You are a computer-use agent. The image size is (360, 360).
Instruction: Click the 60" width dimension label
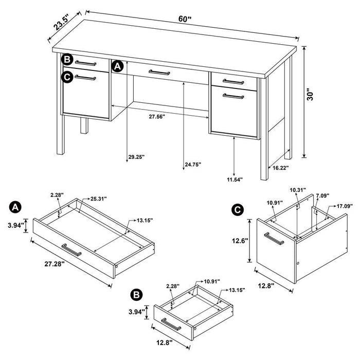185,19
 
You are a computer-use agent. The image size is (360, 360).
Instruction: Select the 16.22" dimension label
280,168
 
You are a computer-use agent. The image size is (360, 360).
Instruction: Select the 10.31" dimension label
297,190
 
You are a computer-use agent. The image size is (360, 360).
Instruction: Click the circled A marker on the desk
117,66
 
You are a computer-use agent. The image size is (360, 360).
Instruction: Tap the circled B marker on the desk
67,60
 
